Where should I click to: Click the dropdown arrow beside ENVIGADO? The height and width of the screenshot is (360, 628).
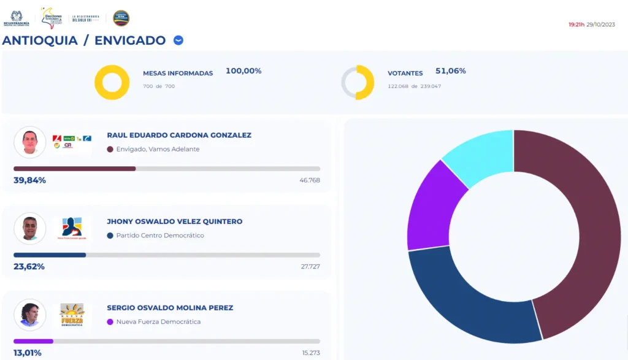178,40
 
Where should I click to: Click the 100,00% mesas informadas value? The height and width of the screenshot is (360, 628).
243,71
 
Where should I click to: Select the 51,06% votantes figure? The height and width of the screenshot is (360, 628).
450,71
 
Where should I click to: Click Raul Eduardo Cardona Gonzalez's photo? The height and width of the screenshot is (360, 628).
29,142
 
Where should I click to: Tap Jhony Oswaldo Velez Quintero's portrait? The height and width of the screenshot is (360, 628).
29,228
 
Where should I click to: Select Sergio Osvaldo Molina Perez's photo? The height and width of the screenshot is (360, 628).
29,314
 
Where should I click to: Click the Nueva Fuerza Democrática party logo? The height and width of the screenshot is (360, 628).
71,314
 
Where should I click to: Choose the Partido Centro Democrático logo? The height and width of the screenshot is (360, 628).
71,228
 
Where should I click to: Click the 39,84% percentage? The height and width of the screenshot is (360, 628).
29,180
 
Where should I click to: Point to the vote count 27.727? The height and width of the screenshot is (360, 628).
310,267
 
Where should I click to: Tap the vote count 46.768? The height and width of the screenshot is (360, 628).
310,180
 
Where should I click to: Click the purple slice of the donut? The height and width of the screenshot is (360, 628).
429,205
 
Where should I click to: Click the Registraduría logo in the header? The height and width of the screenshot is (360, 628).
17,17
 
